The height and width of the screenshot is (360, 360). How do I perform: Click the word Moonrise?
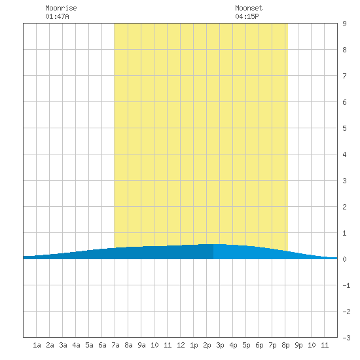coord(61,8)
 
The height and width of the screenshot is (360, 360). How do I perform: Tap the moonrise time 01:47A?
coord(57,16)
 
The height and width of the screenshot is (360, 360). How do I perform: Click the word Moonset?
coord(249,8)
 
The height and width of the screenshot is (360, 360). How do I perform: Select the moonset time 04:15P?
coord(247,16)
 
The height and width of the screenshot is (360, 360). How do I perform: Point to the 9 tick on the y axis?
coord(344,24)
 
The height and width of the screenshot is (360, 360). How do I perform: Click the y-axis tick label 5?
coord(344,128)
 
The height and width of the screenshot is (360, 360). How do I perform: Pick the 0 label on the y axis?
coord(344,259)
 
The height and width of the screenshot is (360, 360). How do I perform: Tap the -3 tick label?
coord(346,338)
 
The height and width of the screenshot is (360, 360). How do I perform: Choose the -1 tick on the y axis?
coord(346,285)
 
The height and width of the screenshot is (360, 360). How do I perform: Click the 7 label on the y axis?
coord(344,76)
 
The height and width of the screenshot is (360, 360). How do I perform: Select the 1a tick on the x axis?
coord(37,345)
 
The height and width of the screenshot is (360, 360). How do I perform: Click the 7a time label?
coord(115,345)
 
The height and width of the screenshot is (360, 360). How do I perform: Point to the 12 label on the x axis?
coord(181,345)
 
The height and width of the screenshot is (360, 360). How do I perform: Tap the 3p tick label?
coord(220,345)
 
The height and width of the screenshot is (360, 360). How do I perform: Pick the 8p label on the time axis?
coord(285,345)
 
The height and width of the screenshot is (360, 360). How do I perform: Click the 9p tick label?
coord(298,345)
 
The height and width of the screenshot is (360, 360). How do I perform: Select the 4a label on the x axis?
coord(76,345)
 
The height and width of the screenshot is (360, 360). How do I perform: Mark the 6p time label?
coord(259,345)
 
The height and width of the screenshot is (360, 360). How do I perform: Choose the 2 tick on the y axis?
coord(344,207)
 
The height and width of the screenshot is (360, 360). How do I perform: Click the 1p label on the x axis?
coord(194,345)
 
